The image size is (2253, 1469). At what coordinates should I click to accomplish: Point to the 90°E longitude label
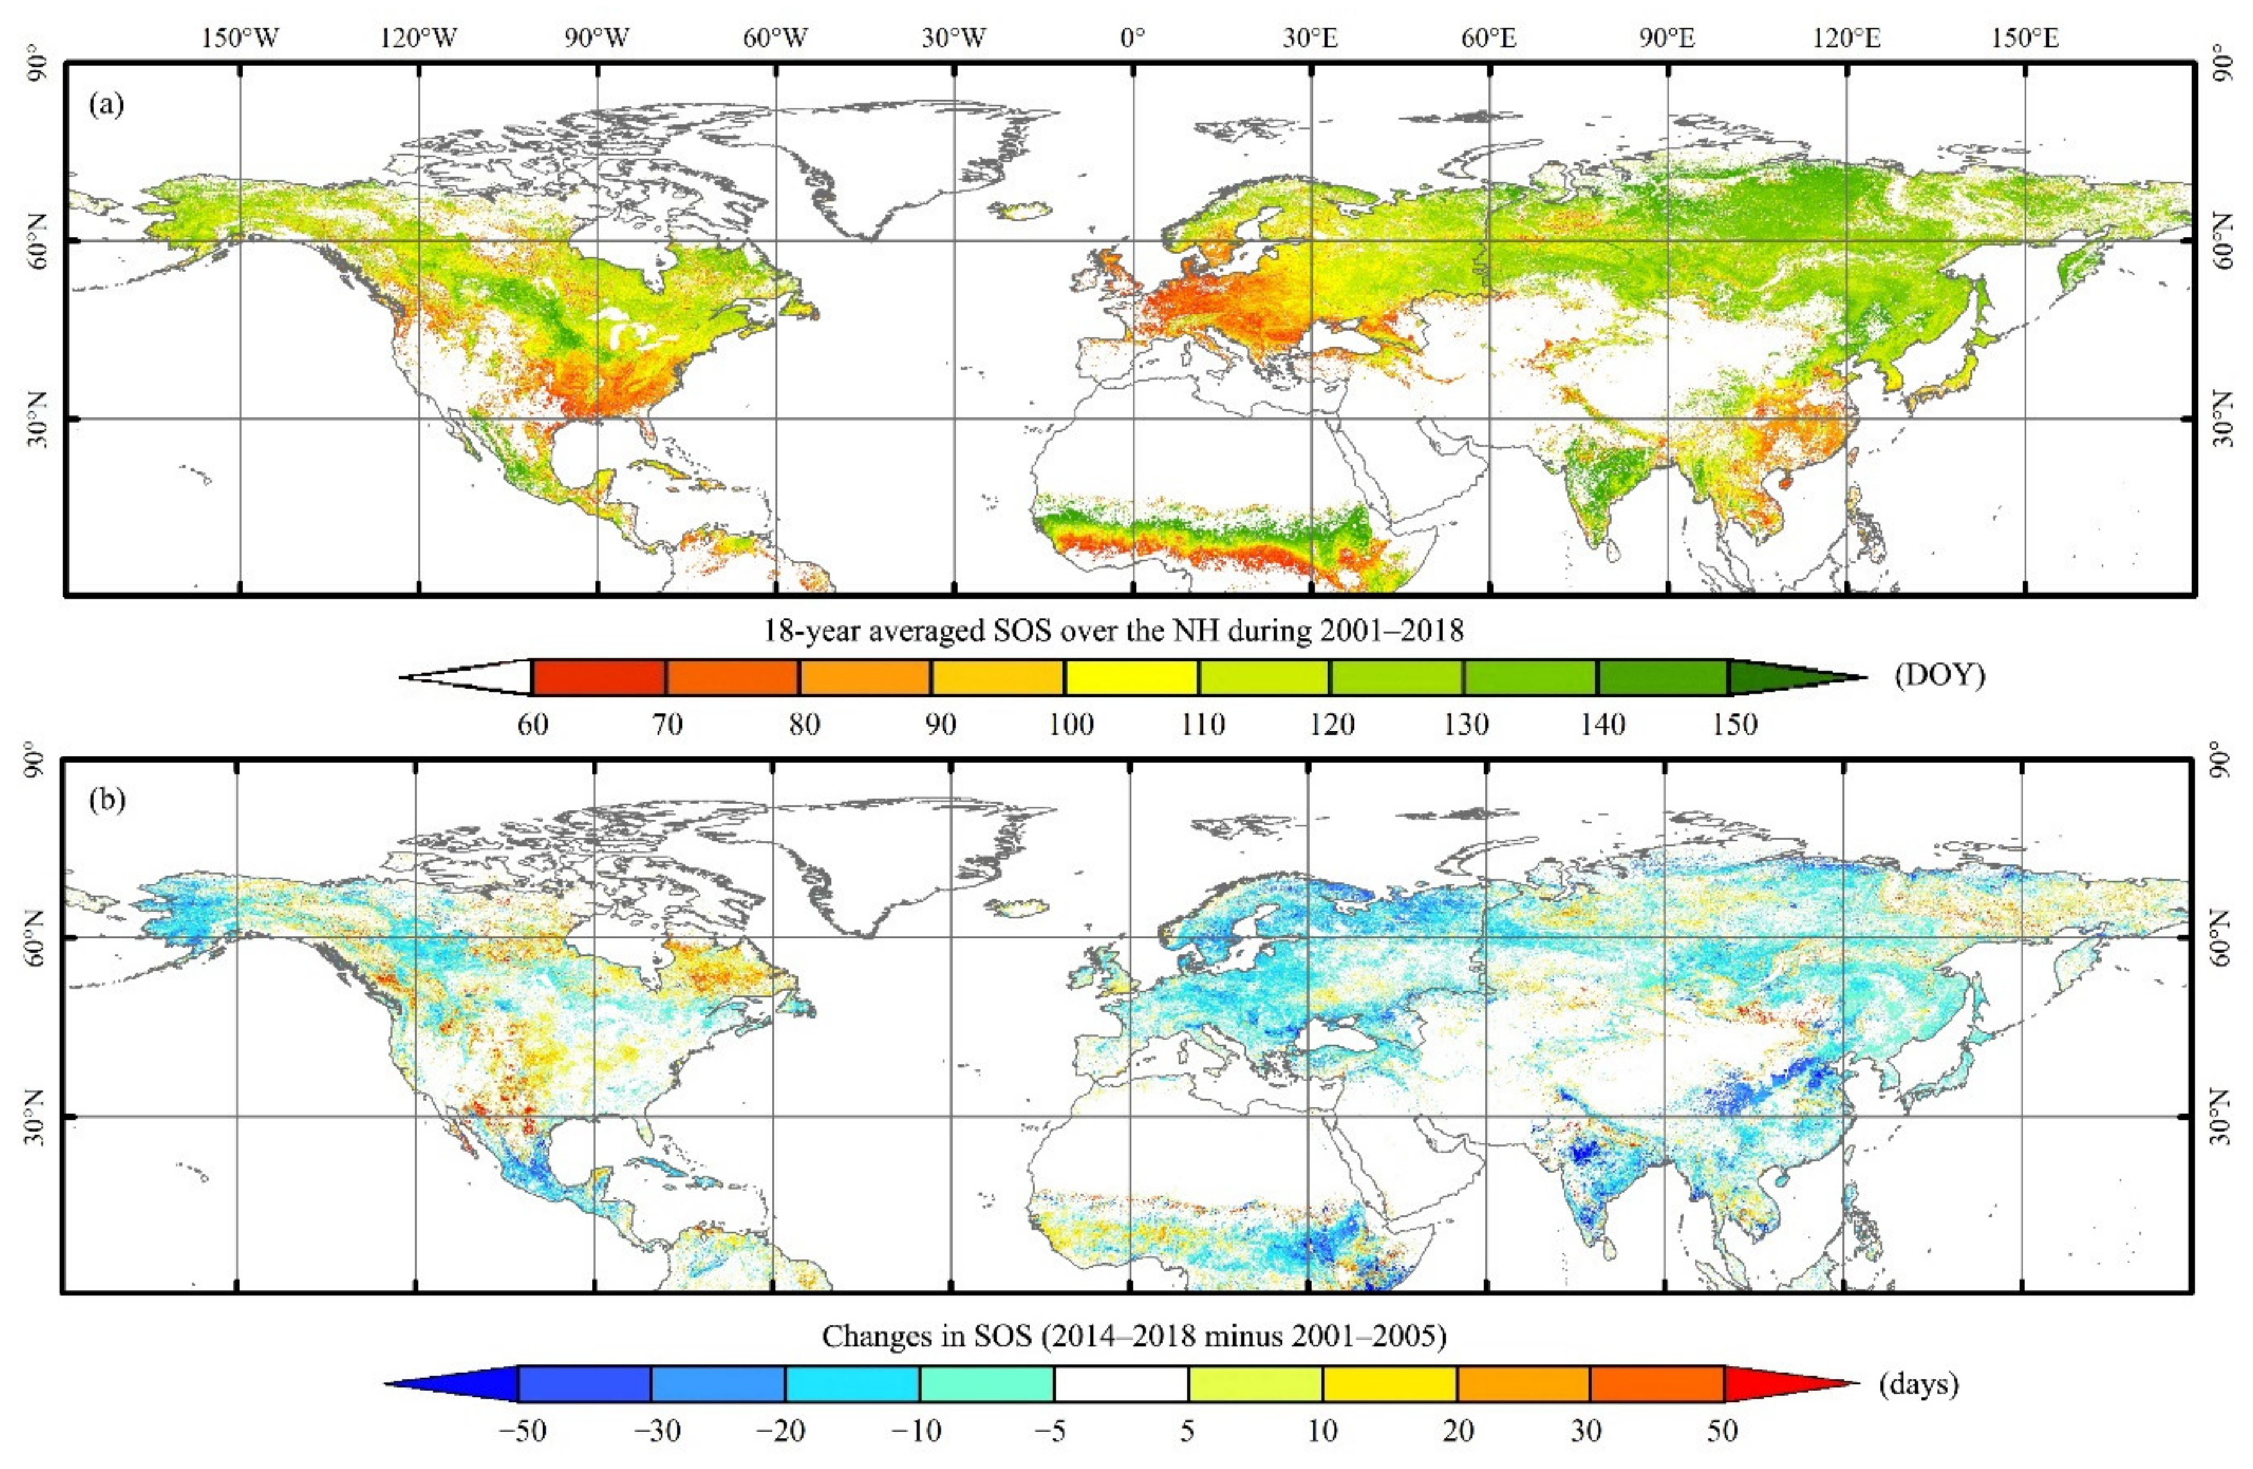point(1668,39)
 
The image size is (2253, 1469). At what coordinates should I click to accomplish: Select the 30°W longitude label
point(954,39)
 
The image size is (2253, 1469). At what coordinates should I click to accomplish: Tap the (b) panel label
point(106,800)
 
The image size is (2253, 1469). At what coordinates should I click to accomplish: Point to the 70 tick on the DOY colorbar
point(667,725)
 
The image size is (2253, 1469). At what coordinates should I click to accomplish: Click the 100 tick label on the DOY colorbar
point(1071,725)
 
